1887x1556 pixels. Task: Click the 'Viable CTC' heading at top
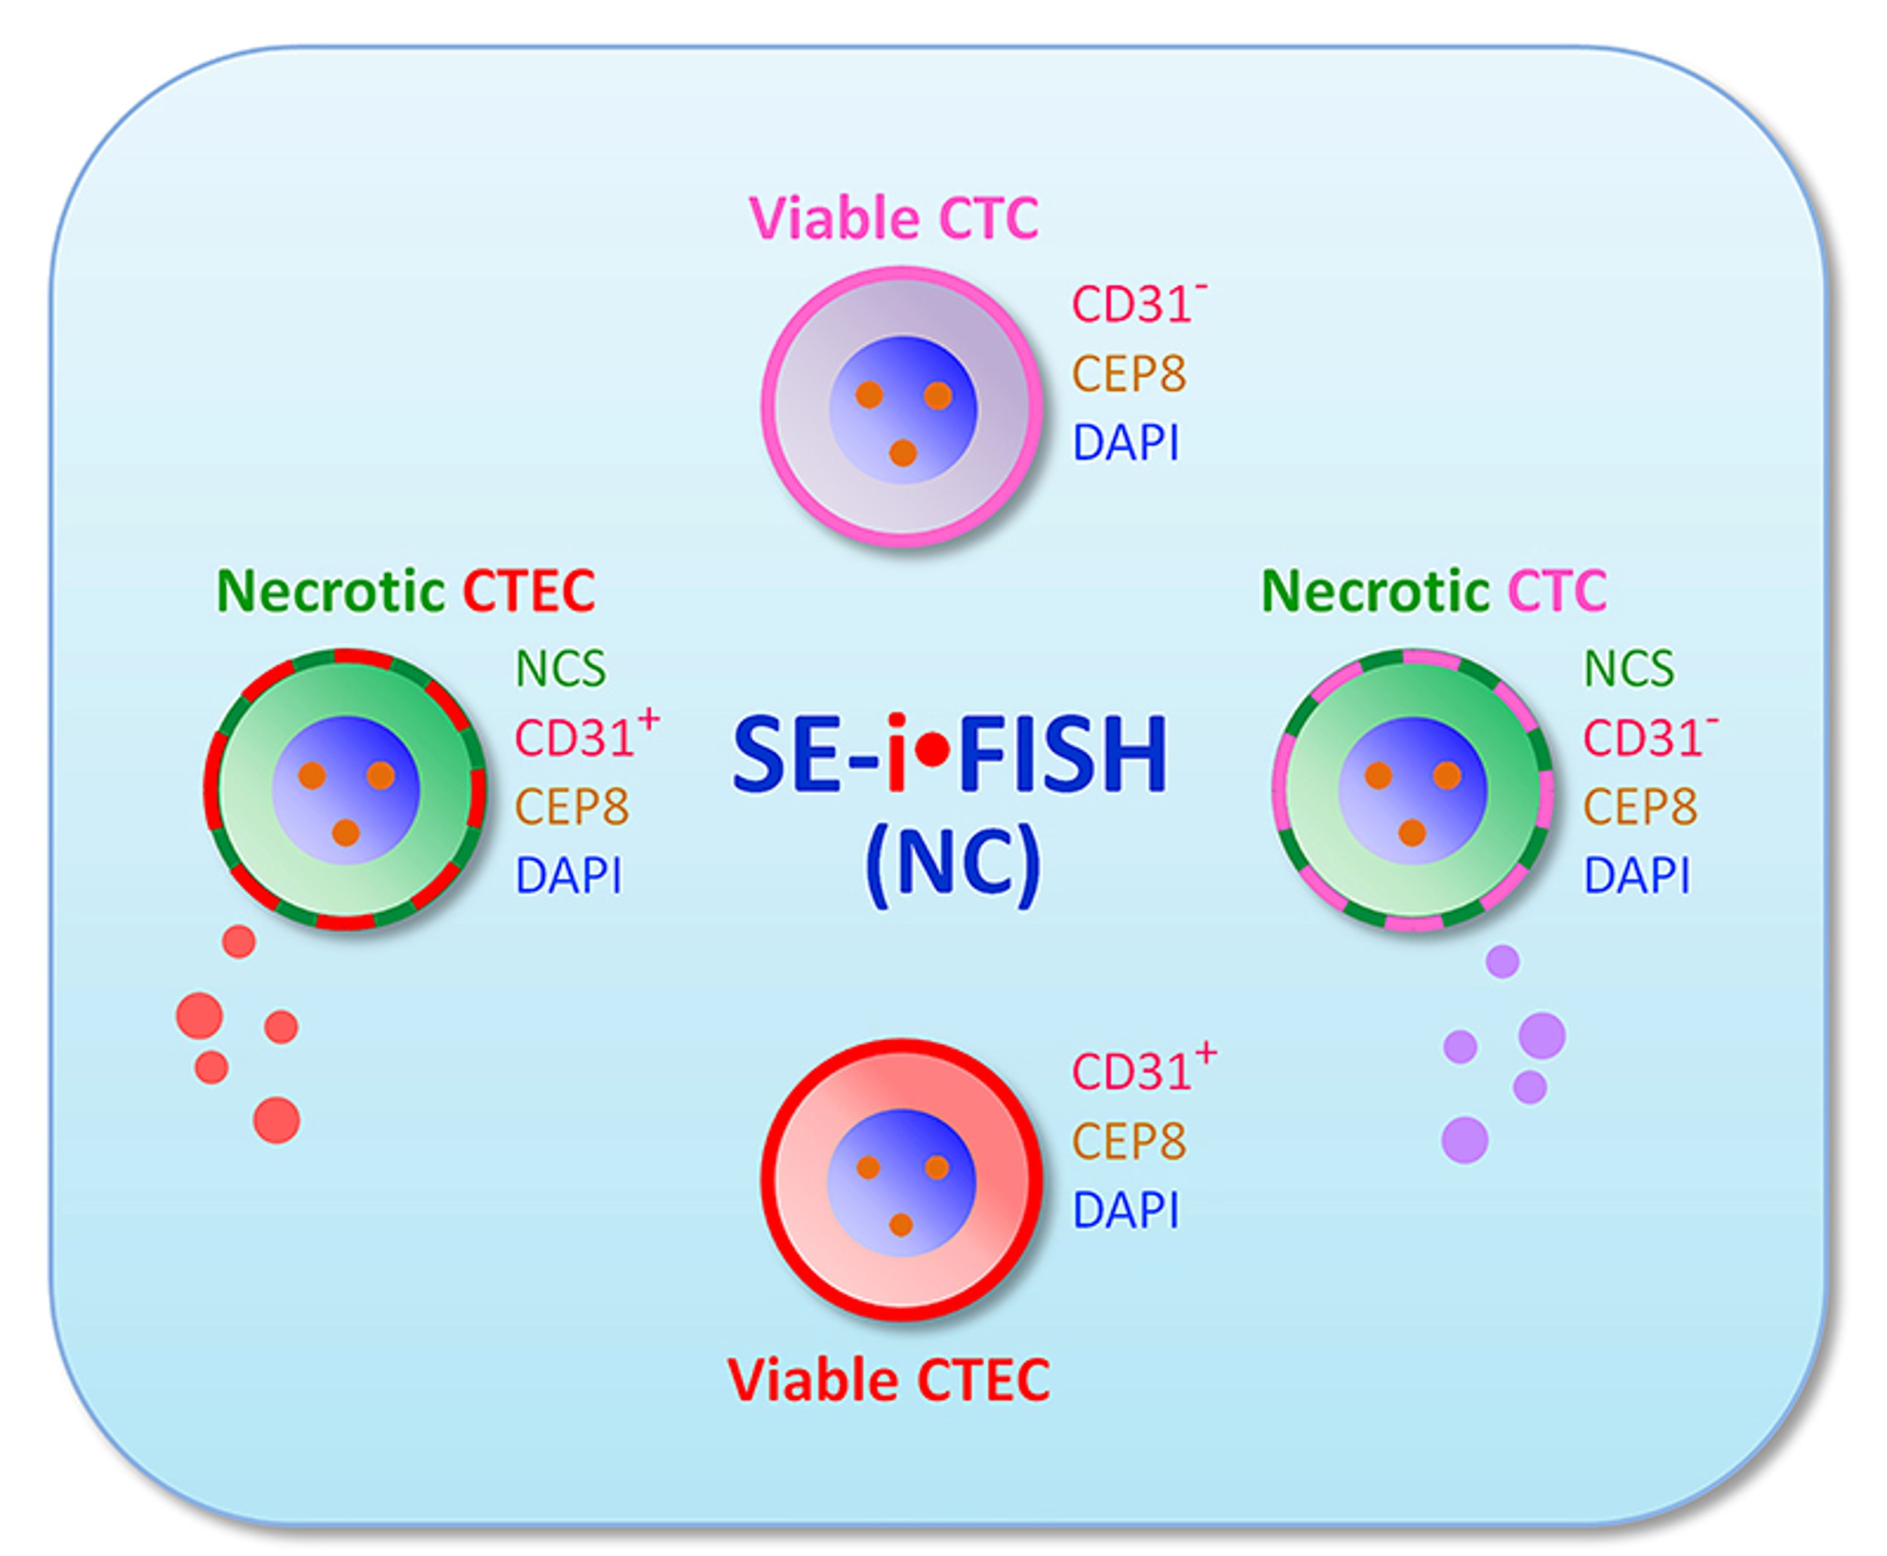point(893,218)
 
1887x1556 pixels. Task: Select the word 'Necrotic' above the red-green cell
point(331,591)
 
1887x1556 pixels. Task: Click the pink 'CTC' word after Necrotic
point(1556,591)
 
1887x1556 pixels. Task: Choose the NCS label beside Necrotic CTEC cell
point(560,668)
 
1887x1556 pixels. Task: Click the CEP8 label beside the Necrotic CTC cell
point(1639,807)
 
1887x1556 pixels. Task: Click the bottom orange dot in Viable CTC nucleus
point(903,453)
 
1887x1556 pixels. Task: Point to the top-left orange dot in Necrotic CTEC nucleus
point(312,775)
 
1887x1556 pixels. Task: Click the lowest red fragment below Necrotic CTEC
point(276,1120)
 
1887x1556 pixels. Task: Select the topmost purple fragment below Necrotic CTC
point(1502,961)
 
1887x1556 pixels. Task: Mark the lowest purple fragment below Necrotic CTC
point(1465,1140)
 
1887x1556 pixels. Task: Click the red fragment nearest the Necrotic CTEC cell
point(239,942)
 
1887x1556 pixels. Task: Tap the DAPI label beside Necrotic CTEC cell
point(568,875)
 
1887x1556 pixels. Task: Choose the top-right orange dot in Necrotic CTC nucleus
point(1447,775)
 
